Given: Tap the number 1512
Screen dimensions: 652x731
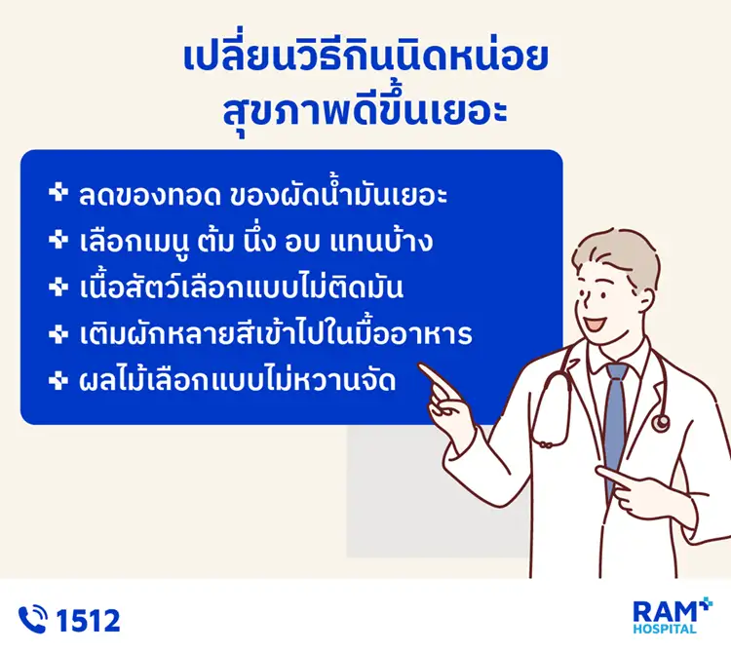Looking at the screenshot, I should click(89, 620).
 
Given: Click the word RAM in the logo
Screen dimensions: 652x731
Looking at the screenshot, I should click(663, 612).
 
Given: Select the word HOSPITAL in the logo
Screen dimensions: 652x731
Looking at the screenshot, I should click(666, 630).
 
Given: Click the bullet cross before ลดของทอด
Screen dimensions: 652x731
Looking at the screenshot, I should click(57, 193).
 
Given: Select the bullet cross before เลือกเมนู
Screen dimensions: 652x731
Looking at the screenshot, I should click(57, 240).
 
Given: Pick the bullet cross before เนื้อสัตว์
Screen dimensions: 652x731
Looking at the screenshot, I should click(57, 287).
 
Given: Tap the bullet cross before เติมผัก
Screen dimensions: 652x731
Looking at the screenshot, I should click(57, 334).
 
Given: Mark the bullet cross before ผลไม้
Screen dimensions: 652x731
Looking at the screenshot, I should click(57, 381).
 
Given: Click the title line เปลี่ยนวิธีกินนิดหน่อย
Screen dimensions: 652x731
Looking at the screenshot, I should click(365, 58).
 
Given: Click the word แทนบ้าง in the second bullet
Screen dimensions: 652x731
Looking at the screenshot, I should click(394, 241).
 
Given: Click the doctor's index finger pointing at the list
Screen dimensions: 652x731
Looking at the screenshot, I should click(434, 375).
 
